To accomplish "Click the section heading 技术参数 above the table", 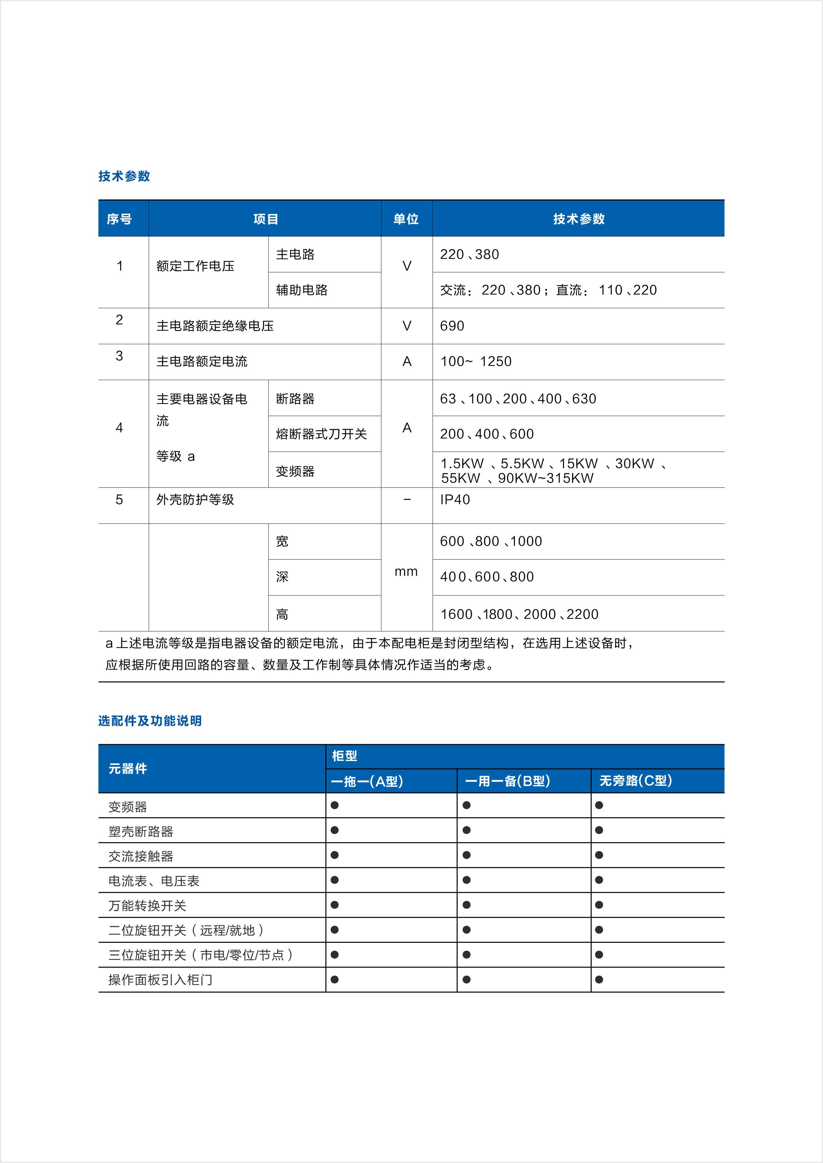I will coord(124,176).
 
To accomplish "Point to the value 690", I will coord(452,326).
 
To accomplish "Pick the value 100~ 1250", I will coord(476,361).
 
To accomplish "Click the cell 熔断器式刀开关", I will coord(321,434).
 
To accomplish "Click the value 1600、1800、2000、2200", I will coord(520,614).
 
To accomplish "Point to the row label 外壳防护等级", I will coord(195,500).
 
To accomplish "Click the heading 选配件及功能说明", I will coord(150,721).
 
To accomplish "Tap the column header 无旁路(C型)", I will coord(635,781).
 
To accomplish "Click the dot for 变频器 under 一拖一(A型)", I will coord(335,805).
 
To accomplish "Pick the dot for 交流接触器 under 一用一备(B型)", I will coord(467,855).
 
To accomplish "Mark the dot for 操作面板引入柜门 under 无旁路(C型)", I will coord(599,980).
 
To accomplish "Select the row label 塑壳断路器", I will coord(140,831).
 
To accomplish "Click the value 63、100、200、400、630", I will coord(518,399).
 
